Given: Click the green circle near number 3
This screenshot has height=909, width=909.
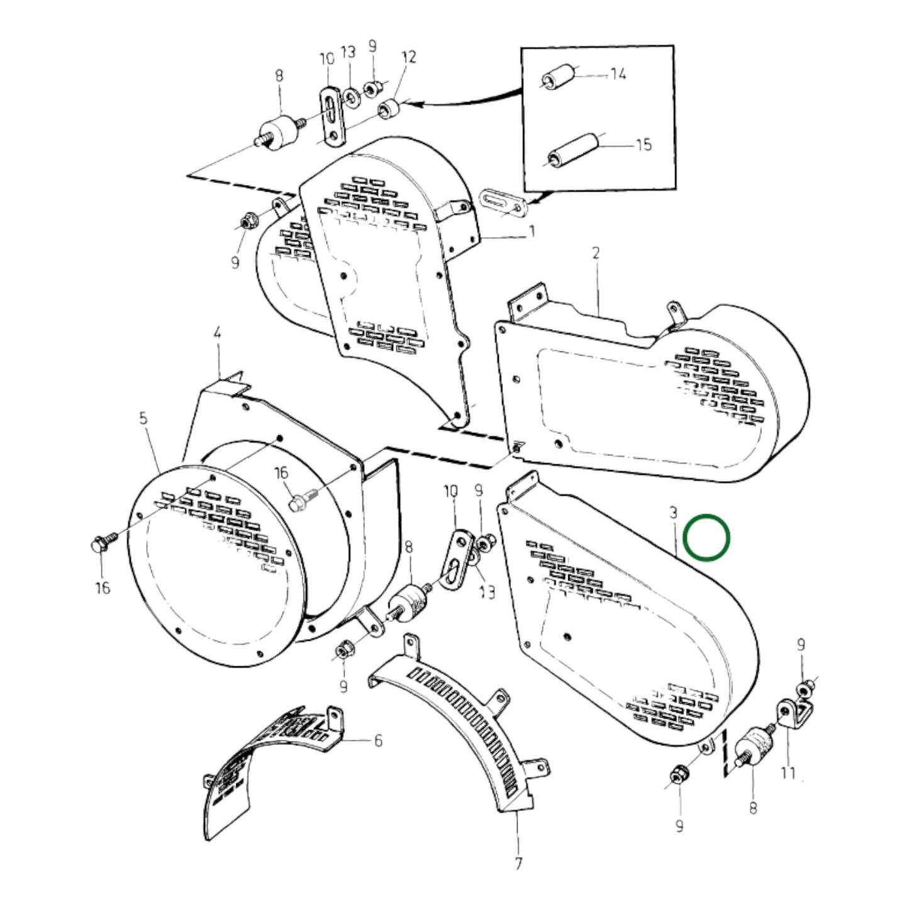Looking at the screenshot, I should (707, 538).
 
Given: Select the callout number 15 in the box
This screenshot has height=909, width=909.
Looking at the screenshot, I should (644, 145).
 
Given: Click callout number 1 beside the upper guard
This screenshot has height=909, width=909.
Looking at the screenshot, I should (532, 232).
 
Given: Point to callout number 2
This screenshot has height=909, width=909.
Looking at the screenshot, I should (596, 253).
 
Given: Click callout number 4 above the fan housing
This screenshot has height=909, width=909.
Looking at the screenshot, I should (218, 334).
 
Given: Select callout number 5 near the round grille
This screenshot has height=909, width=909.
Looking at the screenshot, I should (143, 418).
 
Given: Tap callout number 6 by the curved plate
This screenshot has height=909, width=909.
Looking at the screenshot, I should (377, 741).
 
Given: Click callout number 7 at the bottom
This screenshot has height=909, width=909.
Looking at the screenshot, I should (518, 864).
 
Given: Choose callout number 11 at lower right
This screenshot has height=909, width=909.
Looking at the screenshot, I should (788, 772).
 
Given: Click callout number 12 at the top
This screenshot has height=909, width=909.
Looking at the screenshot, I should (409, 57).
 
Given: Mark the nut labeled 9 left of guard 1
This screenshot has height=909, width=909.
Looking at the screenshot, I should (246, 221).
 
